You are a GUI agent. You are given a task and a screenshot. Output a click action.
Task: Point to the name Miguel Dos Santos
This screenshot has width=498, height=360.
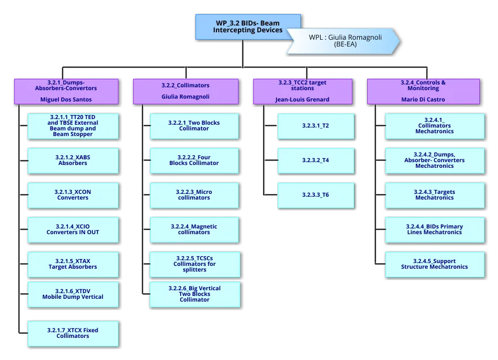coord(66,100)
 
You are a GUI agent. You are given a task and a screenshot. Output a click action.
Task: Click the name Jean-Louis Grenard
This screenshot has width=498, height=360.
coord(302,100)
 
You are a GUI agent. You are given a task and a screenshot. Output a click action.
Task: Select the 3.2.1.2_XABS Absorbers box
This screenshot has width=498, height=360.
coord(73,161)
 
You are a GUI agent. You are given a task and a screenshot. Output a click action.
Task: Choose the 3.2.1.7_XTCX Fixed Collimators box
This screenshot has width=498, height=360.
coord(73,334)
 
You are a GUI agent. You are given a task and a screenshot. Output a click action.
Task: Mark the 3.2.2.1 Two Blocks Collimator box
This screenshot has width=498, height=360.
coord(194,126)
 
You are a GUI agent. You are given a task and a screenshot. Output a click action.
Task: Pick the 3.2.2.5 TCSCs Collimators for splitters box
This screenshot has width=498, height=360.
coord(194,264)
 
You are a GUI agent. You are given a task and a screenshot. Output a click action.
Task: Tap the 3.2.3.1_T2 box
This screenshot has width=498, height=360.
coord(316,126)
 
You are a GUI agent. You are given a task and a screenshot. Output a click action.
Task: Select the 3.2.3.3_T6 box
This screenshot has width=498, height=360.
coord(316,195)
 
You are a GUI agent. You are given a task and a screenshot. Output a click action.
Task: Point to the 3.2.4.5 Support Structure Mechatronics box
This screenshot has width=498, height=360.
coord(435,264)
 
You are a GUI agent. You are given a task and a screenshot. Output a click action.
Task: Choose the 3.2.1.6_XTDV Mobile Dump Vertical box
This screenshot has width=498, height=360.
coord(73,294)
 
